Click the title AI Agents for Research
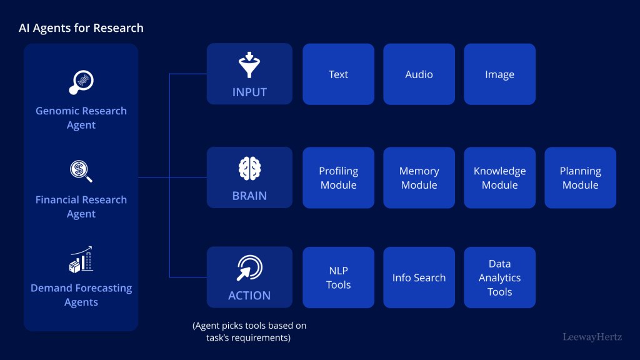click(x=81, y=28)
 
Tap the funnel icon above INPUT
click(x=249, y=66)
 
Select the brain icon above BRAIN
click(x=249, y=169)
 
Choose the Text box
click(x=338, y=74)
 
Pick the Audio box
click(x=419, y=74)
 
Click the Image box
click(x=499, y=74)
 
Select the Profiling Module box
click(x=338, y=178)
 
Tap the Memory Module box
click(x=419, y=178)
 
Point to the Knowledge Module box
click(x=499, y=178)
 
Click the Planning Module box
click(x=580, y=178)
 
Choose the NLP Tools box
click(x=338, y=277)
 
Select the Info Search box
click(x=419, y=277)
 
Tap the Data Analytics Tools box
click(x=499, y=277)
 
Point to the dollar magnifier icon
click(x=81, y=171)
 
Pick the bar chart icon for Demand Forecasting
click(x=81, y=259)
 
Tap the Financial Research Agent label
click(x=81, y=207)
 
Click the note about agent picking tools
click(x=249, y=332)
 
